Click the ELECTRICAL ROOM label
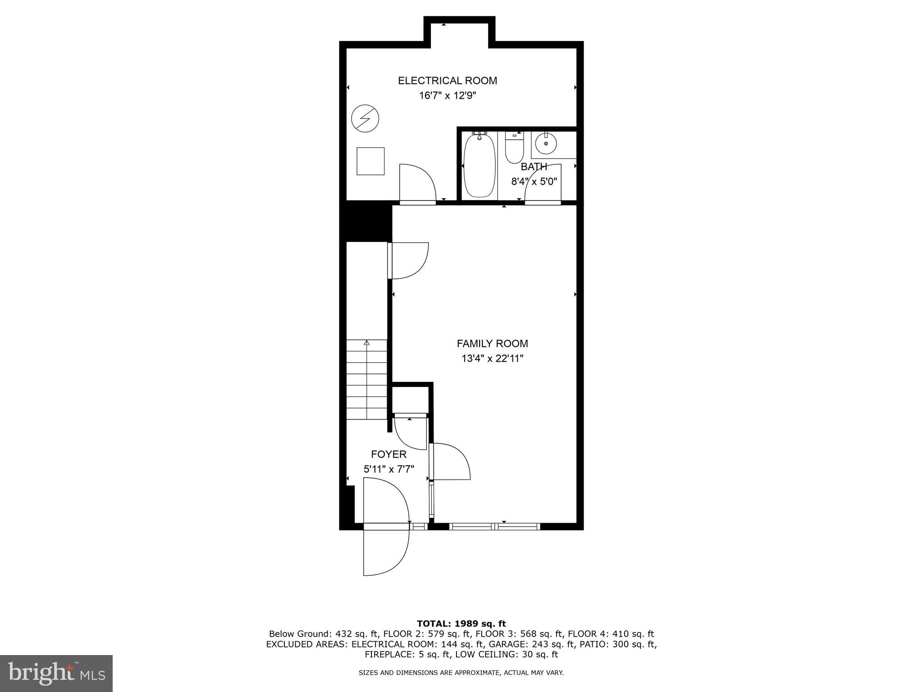point(447,81)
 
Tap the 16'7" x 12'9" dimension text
point(447,96)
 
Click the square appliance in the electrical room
point(370,161)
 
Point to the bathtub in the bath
point(480,165)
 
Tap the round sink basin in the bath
point(546,144)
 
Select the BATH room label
point(534,167)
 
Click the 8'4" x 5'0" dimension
point(534,182)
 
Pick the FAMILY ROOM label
point(492,344)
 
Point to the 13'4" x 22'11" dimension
point(492,359)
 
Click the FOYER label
point(388,454)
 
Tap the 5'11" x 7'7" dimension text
point(388,469)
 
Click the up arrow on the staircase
point(367,343)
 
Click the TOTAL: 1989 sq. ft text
point(461,624)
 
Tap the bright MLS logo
point(56,673)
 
